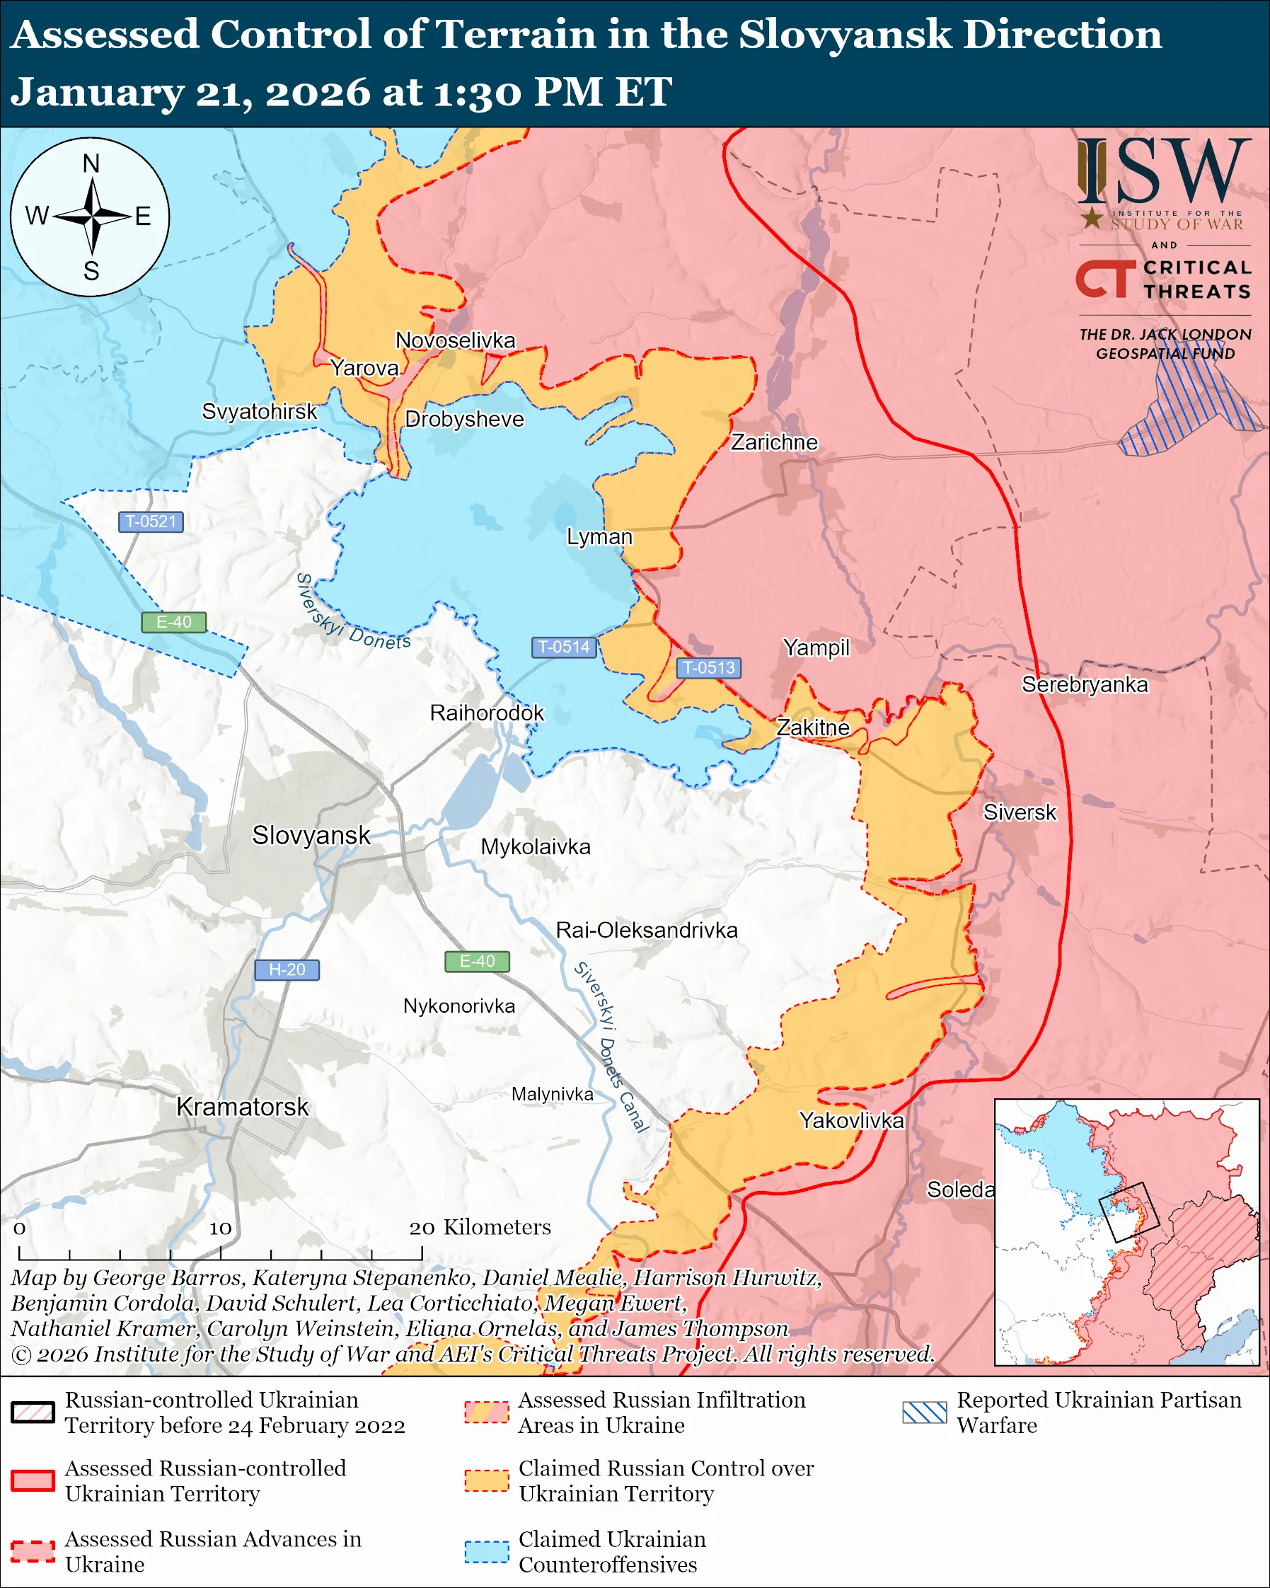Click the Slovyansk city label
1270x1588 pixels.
coord(311,835)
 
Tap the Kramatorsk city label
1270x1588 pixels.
coord(242,1107)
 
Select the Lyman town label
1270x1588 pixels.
coord(599,537)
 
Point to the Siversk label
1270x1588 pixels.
coord(1020,812)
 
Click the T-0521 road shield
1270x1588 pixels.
coord(151,522)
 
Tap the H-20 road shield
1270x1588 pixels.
coord(287,970)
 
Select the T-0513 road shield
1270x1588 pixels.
coord(708,667)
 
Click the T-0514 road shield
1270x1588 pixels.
coord(564,647)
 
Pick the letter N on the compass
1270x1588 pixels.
coord(91,163)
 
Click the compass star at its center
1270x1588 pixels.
coord(92,217)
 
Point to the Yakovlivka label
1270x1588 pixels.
coord(852,1120)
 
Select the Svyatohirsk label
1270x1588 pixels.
coord(259,411)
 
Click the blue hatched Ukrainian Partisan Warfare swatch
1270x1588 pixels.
coord(925,1412)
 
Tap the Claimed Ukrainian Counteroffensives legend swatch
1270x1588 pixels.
coord(487,1551)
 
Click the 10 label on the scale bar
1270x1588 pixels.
coord(220,1228)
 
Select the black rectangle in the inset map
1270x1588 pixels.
coord(1129,1212)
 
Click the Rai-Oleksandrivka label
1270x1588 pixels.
coord(647,931)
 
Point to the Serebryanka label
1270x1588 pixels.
coord(1085,684)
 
